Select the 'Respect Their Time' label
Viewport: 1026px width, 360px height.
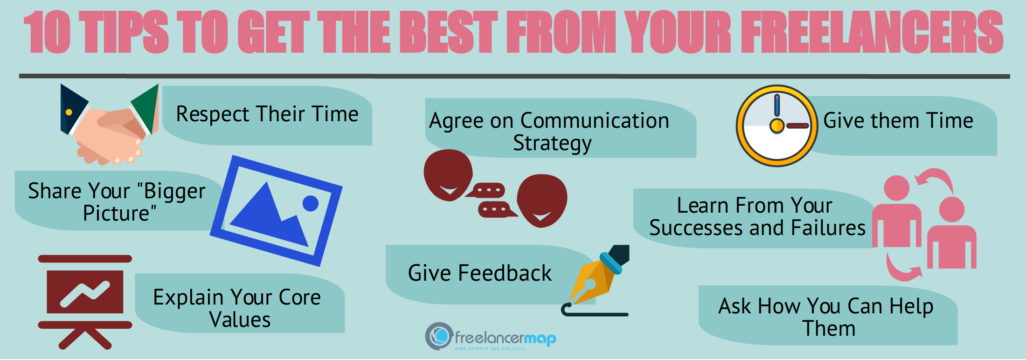tap(267, 114)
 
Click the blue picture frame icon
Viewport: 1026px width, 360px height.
tap(276, 211)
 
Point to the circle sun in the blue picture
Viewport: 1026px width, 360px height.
tap(310, 203)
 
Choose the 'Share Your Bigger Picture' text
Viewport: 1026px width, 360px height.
tap(117, 202)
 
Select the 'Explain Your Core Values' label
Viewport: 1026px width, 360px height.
tap(237, 308)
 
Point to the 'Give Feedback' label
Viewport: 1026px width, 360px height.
tap(479, 273)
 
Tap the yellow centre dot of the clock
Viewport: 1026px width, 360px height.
tap(777, 125)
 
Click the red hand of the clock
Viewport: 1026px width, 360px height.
tap(797, 126)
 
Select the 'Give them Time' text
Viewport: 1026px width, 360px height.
tap(898, 121)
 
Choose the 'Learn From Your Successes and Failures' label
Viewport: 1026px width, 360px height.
tap(756, 217)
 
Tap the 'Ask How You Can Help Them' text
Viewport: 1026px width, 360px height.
tap(826, 317)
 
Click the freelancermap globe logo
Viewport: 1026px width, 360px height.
tap(439, 336)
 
